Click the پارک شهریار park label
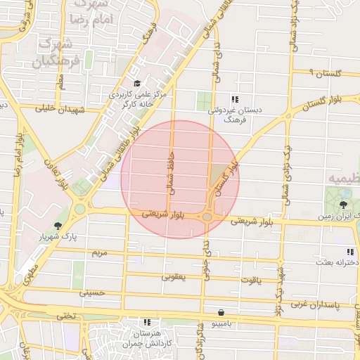tap(58, 238)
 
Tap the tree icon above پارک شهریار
tap(58, 226)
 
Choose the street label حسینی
tap(92, 292)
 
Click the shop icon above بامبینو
tap(221, 311)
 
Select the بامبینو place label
tap(221, 323)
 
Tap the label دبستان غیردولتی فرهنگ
tap(224, 115)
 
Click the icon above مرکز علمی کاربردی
tap(136, 84)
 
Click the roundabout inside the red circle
tap(207, 217)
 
